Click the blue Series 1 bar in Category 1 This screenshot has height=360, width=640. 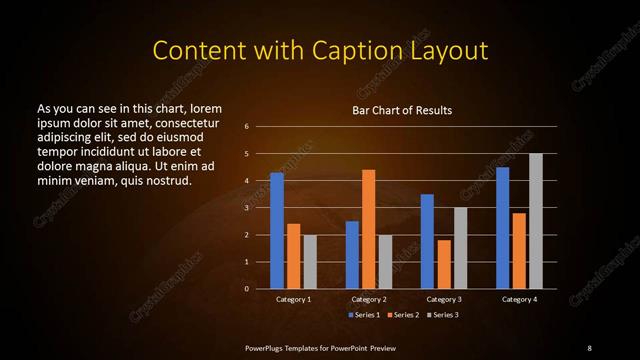(x=277, y=231)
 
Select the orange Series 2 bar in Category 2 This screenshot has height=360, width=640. (x=368, y=229)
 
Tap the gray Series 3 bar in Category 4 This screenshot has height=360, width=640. (x=535, y=221)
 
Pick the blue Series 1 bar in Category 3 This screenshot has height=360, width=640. (x=427, y=241)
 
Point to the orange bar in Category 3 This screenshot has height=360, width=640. (x=443, y=264)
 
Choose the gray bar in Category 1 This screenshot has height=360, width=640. (x=309, y=261)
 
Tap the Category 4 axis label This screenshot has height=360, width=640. (x=518, y=299)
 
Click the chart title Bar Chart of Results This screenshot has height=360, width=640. (x=402, y=110)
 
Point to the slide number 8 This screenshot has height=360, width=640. (x=589, y=347)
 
